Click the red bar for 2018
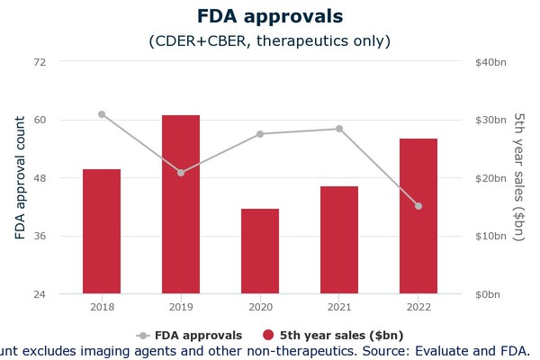click(102, 231)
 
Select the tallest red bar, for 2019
click(181, 204)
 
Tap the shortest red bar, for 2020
click(260, 251)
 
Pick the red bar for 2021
click(339, 240)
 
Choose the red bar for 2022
click(418, 216)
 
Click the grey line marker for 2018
click(102, 114)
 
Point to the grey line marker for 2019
click(181, 173)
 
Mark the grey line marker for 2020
click(260, 134)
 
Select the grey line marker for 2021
click(339, 129)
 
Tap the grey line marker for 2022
click(418, 206)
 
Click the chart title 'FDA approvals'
click(269, 16)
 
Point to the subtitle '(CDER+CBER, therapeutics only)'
click(269, 41)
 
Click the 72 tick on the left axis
click(40, 61)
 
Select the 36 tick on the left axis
click(40, 236)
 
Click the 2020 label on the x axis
click(260, 308)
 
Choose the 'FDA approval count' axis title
click(20, 177)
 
